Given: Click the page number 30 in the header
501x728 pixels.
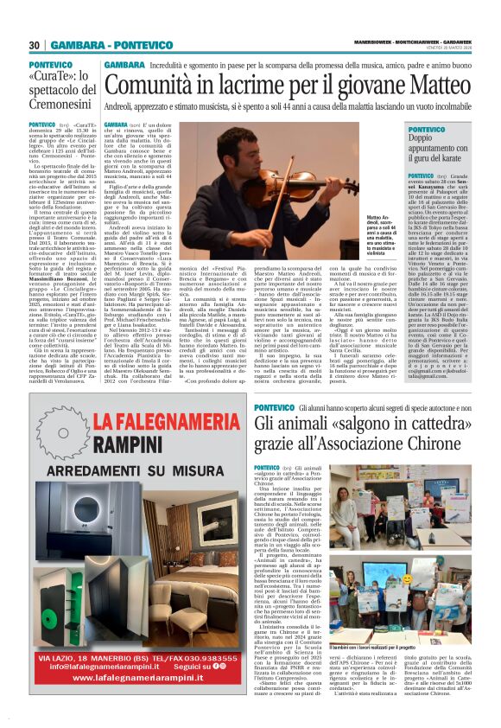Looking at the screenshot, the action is coord(35,45).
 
